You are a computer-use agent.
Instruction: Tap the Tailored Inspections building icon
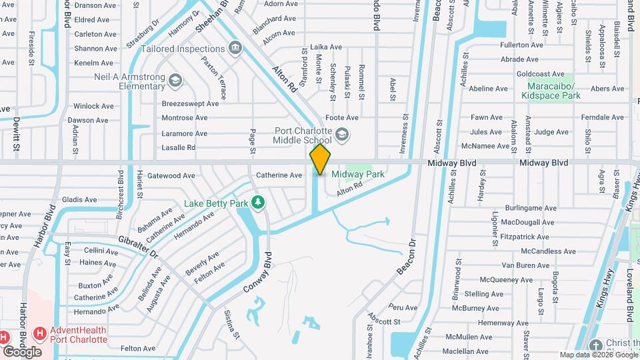click(235, 48)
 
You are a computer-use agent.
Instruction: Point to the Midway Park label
click(358, 174)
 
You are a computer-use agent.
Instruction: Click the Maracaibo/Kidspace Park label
click(554, 91)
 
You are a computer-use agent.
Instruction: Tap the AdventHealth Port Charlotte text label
click(79, 335)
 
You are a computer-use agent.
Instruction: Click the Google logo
click(22, 351)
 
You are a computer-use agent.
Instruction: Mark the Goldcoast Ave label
click(540, 74)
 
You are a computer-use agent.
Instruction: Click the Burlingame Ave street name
click(529, 208)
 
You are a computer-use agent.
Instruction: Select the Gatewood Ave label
click(171, 175)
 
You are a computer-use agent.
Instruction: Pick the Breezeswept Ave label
click(190, 104)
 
